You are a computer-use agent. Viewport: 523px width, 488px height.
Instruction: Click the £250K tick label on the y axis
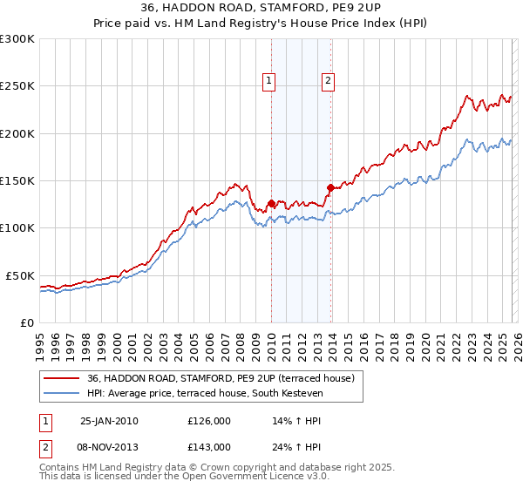[17, 86]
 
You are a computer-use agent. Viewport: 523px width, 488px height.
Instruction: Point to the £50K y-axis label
[19, 275]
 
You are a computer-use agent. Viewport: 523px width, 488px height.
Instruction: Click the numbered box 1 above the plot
[269, 81]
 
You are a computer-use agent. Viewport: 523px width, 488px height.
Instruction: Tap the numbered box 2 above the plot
[329, 81]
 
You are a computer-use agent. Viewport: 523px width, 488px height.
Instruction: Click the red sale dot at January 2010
[271, 204]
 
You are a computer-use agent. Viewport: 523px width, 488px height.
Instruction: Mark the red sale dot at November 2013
[329, 187]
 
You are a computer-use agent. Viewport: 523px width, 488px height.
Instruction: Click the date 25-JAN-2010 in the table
[109, 421]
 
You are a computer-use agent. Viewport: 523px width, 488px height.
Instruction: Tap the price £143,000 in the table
[209, 446]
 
